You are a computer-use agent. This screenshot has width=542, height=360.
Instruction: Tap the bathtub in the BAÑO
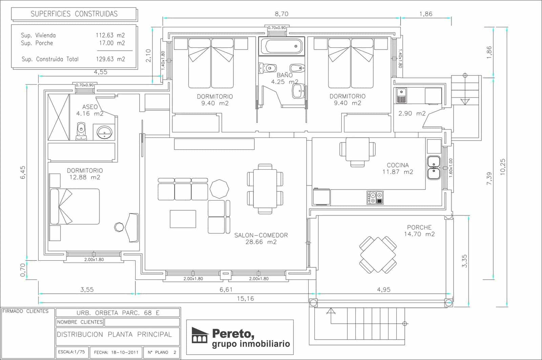click(282, 46)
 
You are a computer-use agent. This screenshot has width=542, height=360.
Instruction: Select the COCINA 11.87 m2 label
click(398, 168)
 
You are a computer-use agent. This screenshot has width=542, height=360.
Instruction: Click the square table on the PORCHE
click(378, 255)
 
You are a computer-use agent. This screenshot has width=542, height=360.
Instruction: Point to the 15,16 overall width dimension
click(245, 298)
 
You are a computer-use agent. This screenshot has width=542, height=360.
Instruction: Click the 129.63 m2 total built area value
click(110, 59)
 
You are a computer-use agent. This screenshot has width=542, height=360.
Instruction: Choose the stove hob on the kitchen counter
click(375, 197)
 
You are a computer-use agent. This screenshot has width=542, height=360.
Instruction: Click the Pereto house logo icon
click(200, 335)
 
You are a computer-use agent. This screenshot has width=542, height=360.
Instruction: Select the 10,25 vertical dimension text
click(502, 167)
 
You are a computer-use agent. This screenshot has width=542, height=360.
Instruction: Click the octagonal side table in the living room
click(219, 189)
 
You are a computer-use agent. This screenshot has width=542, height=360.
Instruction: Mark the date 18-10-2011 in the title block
click(116, 352)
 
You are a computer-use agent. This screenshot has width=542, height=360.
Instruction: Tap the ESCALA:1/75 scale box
click(71, 352)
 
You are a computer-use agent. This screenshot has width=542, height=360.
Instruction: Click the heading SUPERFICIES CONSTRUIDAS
click(74, 14)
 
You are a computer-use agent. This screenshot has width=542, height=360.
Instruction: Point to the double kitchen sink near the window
click(434, 168)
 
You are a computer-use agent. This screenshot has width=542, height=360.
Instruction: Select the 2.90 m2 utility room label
click(412, 113)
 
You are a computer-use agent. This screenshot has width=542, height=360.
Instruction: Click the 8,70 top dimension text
click(282, 14)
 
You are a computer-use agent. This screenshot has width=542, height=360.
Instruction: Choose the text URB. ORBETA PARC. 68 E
click(118, 313)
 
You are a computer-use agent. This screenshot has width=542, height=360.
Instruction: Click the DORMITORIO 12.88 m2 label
click(85, 174)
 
